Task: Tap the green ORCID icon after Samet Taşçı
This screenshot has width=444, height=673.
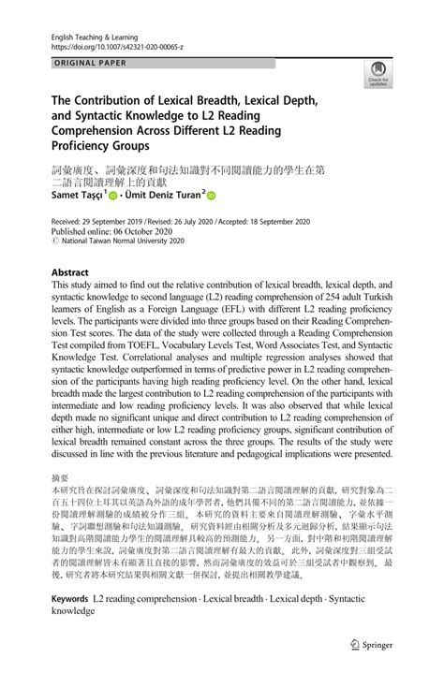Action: (x=114, y=198)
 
